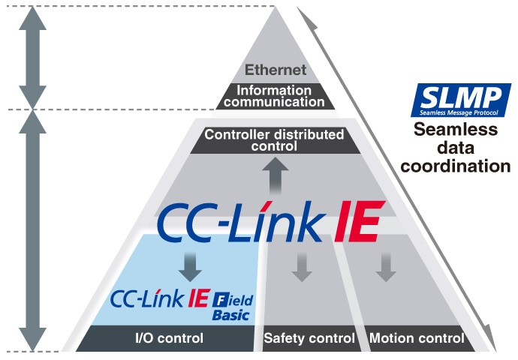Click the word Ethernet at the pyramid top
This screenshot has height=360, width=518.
(x=276, y=71)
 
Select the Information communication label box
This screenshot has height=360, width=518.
(x=276, y=96)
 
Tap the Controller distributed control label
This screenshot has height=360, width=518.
(x=275, y=140)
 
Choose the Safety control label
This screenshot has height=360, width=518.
(x=309, y=338)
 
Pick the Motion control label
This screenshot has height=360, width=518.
(x=417, y=338)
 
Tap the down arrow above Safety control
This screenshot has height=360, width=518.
(x=302, y=268)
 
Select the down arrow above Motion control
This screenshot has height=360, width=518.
(x=386, y=268)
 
